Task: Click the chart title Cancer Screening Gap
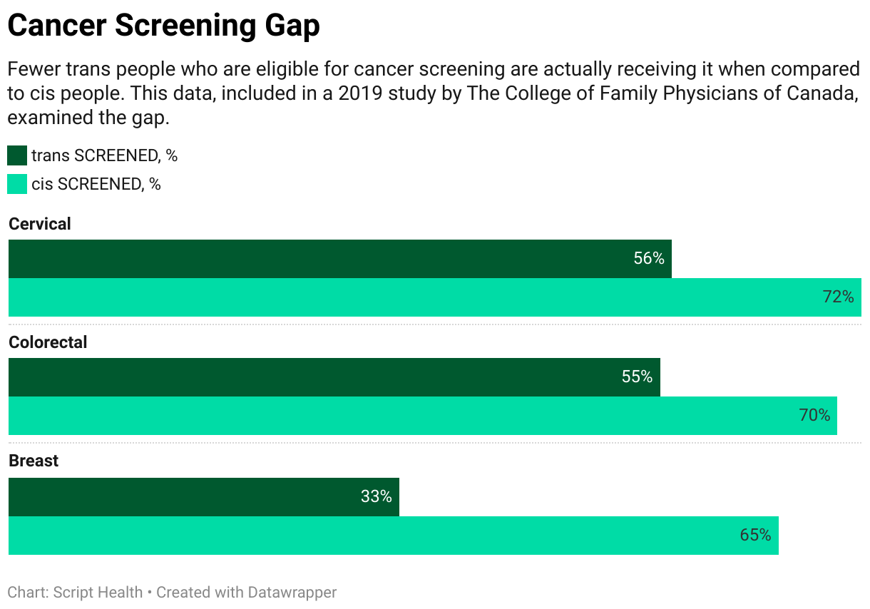(163, 26)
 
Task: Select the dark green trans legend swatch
(17, 155)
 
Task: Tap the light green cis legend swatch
(17, 184)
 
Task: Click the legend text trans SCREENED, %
(104, 156)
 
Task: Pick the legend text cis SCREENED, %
(96, 185)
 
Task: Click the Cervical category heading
(40, 224)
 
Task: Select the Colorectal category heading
(48, 342)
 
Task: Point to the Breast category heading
(34, 461)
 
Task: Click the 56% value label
(648, 259)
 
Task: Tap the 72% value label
(838, 297)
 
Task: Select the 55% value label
(637, 377)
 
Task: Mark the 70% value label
(814, 416)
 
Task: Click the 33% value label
(376, 497)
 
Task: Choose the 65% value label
(755, 535)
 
